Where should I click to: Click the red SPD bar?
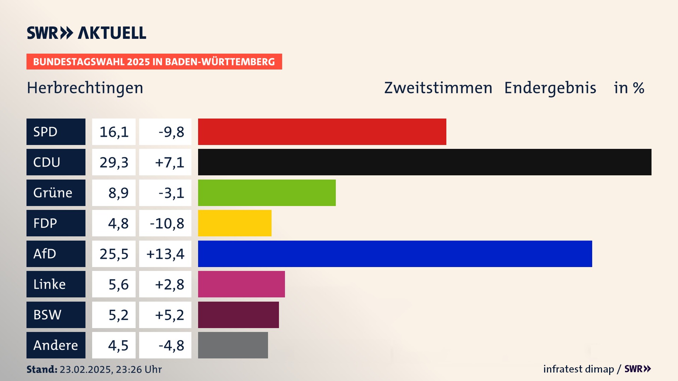(322, 132)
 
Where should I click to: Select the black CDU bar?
(424, 162)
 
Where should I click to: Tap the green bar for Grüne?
(267, 193)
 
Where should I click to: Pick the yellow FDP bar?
(234, 223)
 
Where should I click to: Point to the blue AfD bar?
(395, 254)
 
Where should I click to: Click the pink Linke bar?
(241, 284)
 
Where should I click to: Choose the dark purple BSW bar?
(238, 315)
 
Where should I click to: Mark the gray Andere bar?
(233, 345)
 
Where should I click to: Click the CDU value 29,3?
(114, 162)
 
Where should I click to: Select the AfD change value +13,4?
(165, 254)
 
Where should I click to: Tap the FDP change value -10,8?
(167, 223)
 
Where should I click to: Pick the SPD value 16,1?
(114, 132)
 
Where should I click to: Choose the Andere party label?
(56, 345)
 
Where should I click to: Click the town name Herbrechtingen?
(85, 88)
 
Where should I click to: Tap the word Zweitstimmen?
(438, 88)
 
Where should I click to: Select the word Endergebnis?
(550, 88)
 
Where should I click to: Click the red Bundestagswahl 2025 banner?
(154, 62)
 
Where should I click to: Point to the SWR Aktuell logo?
(87, 33)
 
